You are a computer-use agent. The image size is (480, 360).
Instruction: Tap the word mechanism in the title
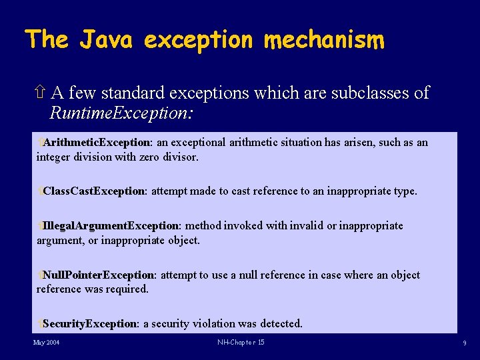pyautogui.click(x=324, y=40)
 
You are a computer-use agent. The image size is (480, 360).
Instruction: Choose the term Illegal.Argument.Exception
pyautogui.click(x=111, y=225)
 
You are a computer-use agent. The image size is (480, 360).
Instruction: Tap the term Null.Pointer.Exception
pyautogui.click(x=99, y=275)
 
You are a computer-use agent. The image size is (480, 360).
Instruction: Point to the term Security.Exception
pyautogui.click(x=90, y=324)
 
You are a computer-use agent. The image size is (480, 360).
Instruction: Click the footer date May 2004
pyautogui.click(x=47, y=343)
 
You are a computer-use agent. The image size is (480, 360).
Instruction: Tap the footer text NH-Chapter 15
pyautogui.click(x=241, y=343)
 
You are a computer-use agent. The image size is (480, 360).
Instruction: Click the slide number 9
pyautogui.click(x=464, y=343)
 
